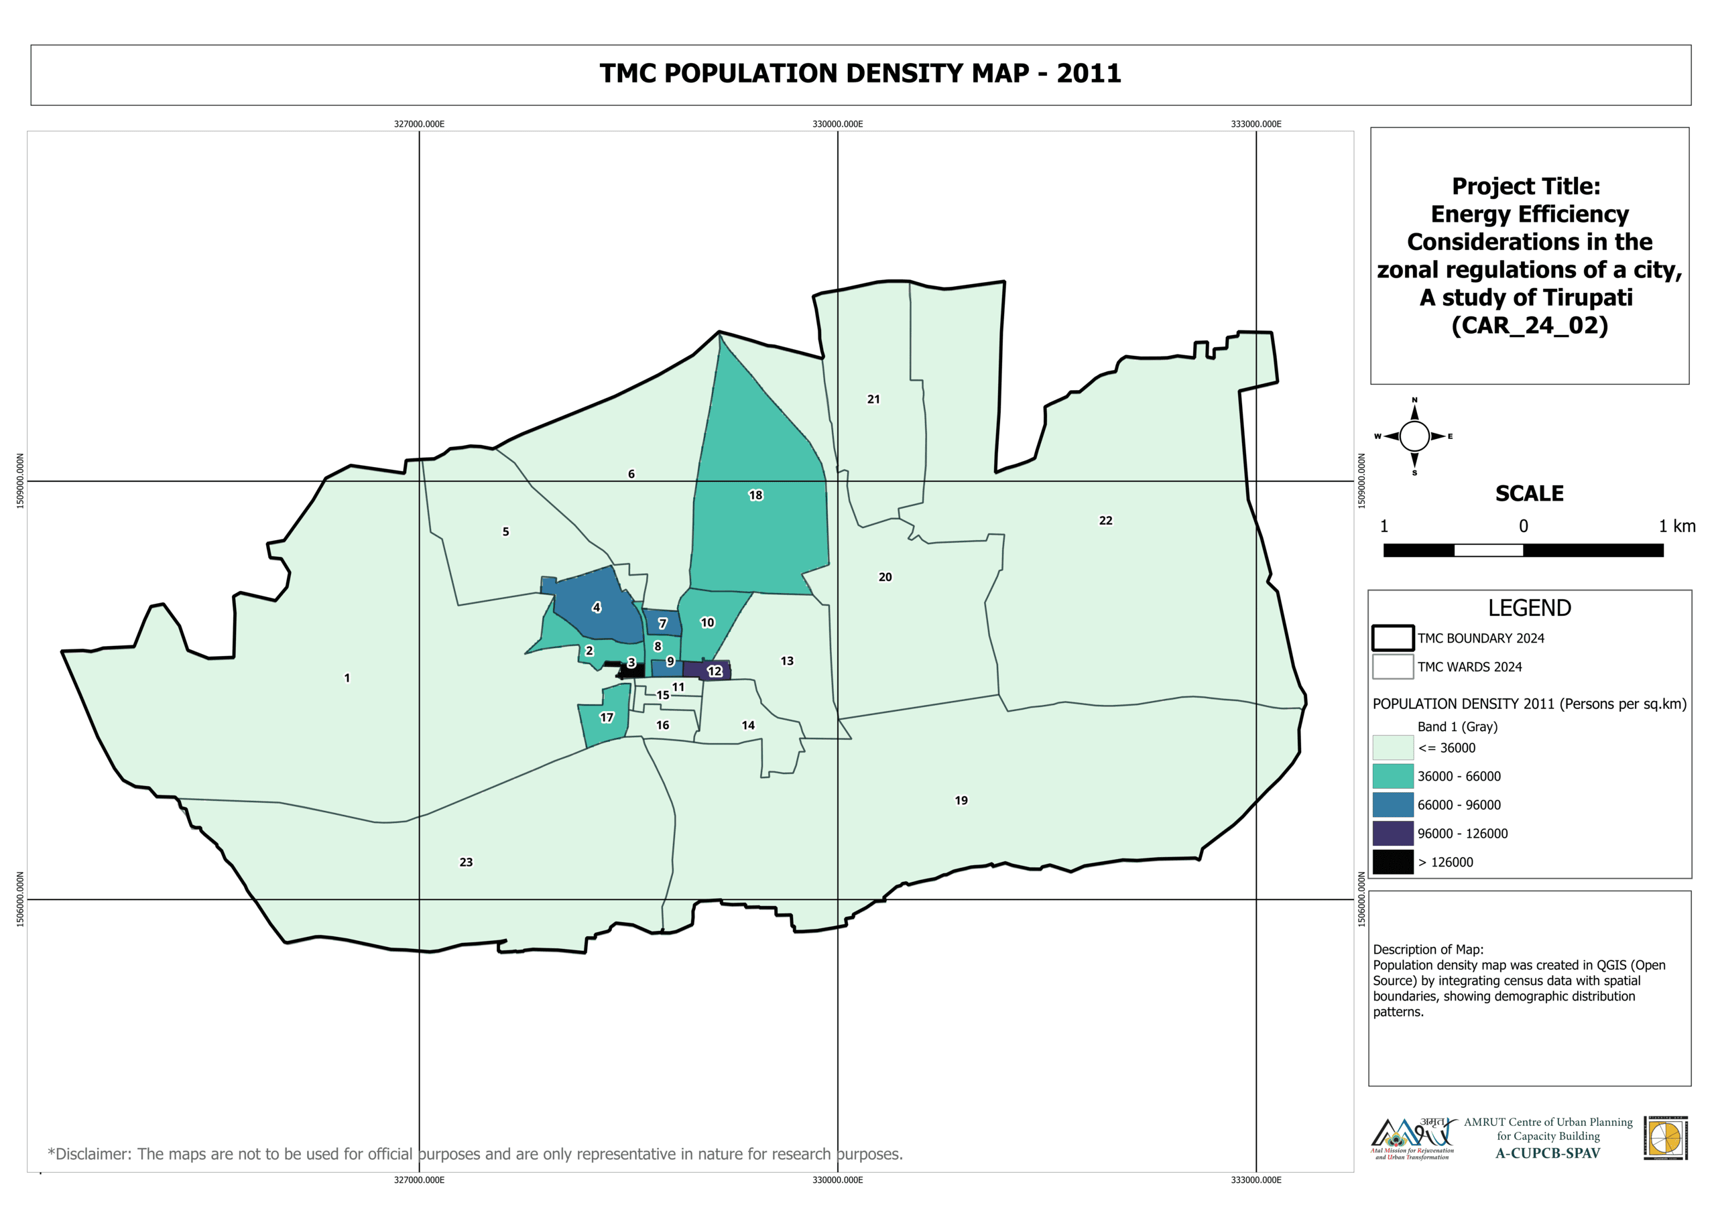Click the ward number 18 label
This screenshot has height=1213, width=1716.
(x=755, y=495)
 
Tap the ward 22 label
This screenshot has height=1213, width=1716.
(x=1105, y=520)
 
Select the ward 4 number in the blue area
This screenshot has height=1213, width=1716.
(x=597, y=607)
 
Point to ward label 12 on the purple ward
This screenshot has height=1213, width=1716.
(x=715, y=671)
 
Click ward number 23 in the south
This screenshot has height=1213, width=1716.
(x=466, y=862)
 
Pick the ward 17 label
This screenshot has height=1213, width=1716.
(x=606, y=718)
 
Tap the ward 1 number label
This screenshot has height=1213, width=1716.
(x=347, y=678)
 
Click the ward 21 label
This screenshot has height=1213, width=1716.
(x=873, y=399)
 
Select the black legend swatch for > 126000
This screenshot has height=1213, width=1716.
(x=1392, y=862)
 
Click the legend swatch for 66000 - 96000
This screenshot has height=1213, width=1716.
(x=1392, y=805)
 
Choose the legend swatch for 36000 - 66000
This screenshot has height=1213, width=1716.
(x=1392, y=777)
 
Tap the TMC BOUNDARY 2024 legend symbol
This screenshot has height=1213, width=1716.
(x=1392, y=638)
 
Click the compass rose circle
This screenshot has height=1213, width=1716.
(x=1414, y=436)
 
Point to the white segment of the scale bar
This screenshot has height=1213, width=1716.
(x=1488, y=550)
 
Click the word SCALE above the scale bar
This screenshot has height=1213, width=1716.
(x=1529, y=493)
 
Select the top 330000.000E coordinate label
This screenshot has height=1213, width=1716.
(x=837, y=124)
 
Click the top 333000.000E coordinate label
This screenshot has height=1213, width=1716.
(x=1255, y=124)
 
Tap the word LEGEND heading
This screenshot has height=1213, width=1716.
(x=1529, y=608)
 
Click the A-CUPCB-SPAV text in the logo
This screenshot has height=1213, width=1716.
(x=1547, y=1153)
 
